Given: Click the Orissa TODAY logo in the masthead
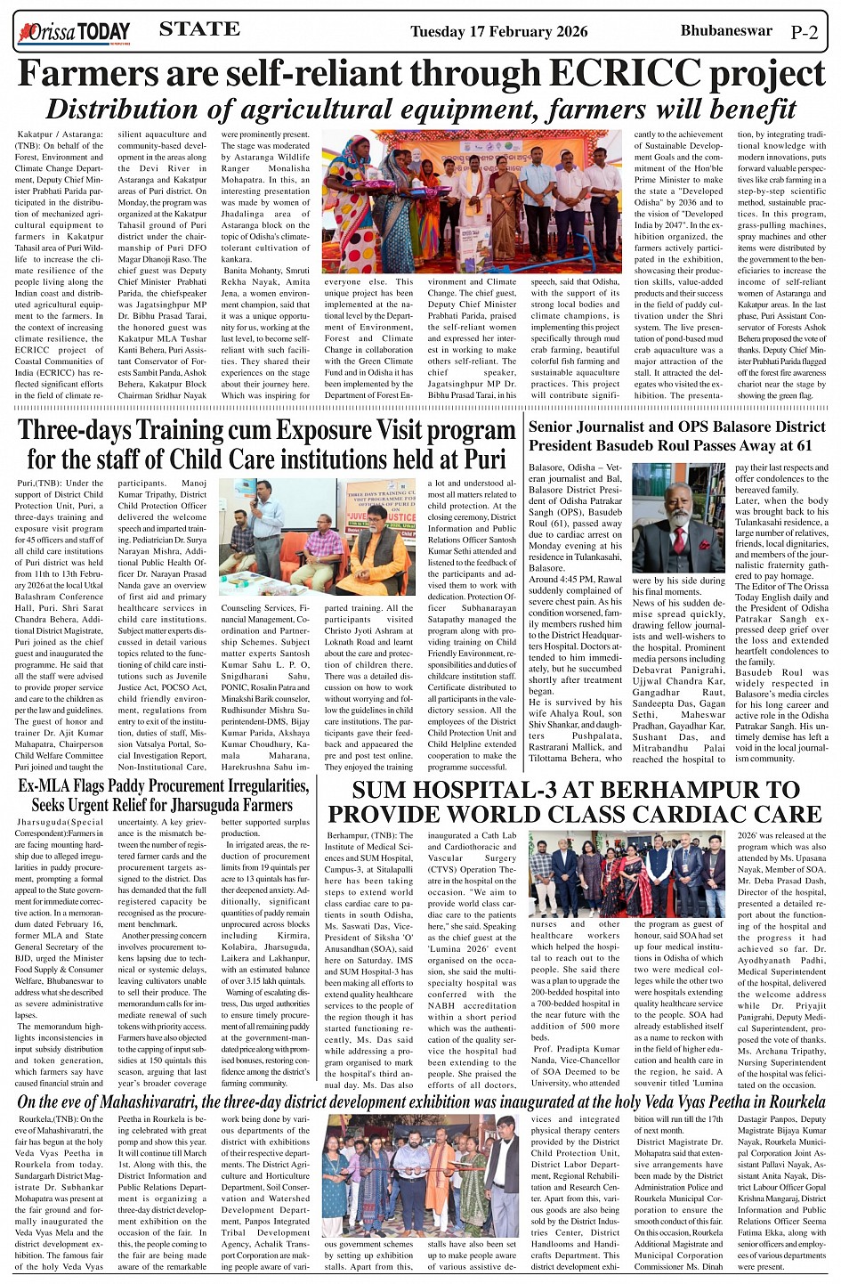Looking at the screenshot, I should pos(75,33).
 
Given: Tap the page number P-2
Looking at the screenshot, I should pos(804,33).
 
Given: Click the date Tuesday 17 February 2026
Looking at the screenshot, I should pos(498,32).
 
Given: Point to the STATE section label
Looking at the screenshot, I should pos(199,29).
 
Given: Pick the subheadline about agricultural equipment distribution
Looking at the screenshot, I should pos(420,109).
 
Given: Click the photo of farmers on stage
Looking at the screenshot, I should pos(472,201).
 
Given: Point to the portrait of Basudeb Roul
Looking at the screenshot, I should pos(678,517).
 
